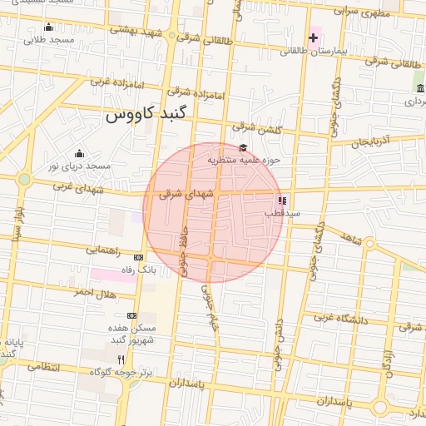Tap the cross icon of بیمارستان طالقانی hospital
pyautogui.click(x=313, y=37)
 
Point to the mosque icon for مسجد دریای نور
pyautogui.click(x=79, y=153)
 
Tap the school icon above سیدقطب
pyautogui.click(x=283, y=201)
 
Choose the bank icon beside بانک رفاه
pyautogui.click(x=138, y=257)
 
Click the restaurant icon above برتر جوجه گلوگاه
pyautogui.click(x=121, y=359)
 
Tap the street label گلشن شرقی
pyautogui.click(x=260, y=130)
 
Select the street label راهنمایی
pyautogui.click(x=103, y=249)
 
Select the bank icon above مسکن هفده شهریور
pyautogui.click(x=131, y=315)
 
